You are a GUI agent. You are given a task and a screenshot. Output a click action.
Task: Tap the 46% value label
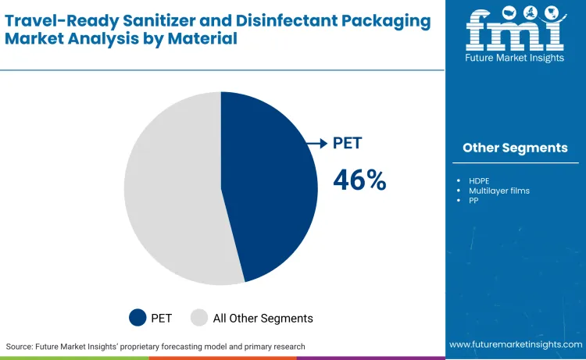click(x=359, y=180)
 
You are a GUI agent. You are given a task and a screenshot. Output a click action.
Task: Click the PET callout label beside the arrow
click(x=348, y=143)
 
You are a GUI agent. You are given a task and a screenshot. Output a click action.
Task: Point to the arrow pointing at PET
click(x=316, y=143)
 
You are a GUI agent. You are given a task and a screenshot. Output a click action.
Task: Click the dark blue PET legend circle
click(x=138, y=318)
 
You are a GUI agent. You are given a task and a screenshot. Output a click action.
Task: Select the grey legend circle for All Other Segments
click(x=199, y=318)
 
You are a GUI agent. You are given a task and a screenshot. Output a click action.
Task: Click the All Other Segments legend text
click(x=263, y=318)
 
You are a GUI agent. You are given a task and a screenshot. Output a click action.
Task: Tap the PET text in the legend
click(x=162, y=318)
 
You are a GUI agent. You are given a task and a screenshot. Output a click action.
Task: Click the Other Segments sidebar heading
click(x=515, y=148)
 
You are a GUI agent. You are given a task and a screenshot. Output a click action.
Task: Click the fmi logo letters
click(x=515, y=32)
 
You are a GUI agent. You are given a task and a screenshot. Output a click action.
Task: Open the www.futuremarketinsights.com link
click(x=515, y=344)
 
